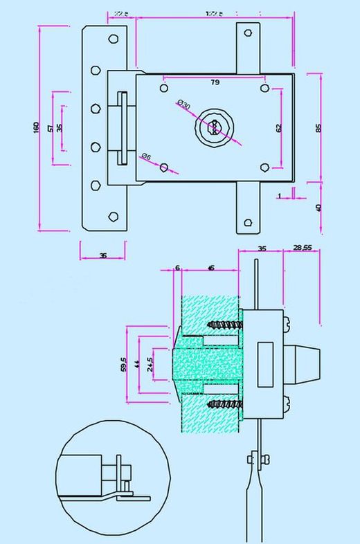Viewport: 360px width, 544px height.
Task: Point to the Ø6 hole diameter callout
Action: (x=146, y=157)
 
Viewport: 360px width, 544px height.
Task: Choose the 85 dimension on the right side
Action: (x=318, y=128)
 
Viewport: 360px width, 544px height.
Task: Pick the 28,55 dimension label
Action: (x=303, y=247)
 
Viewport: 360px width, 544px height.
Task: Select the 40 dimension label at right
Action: (x=318, y=207)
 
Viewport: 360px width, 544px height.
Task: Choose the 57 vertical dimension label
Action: (x=50, y=128)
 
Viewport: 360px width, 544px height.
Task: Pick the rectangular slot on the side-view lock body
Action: (x=264, y=363)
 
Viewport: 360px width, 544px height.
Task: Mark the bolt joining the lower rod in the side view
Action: (x=253, y=457)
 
